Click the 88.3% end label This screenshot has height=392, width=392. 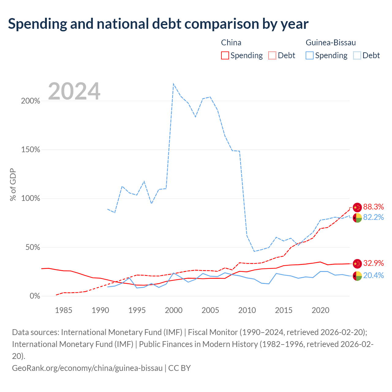point(373,207)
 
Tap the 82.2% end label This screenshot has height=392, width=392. point(373,217)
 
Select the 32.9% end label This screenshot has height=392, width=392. point(373,263)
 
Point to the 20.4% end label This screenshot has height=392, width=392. point(373,275)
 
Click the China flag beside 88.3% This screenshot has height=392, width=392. point(357,208)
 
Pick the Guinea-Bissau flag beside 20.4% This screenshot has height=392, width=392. point(357,276)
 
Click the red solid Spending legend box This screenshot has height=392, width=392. point(225,55)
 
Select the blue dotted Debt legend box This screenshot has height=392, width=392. point(357,55)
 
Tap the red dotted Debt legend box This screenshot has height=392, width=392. point(272,55)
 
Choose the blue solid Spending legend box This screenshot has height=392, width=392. point(310,55)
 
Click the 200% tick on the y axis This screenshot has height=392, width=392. point(31,101)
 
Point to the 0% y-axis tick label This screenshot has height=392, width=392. point(35,296)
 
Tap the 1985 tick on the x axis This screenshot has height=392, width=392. point(64,310)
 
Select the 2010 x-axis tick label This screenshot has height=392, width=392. point(247,310)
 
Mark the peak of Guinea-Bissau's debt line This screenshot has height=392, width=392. point(173,84)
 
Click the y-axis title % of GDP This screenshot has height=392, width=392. point(13,184)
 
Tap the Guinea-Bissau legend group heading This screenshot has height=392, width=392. point(331,43)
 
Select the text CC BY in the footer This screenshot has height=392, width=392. point(179,368)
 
